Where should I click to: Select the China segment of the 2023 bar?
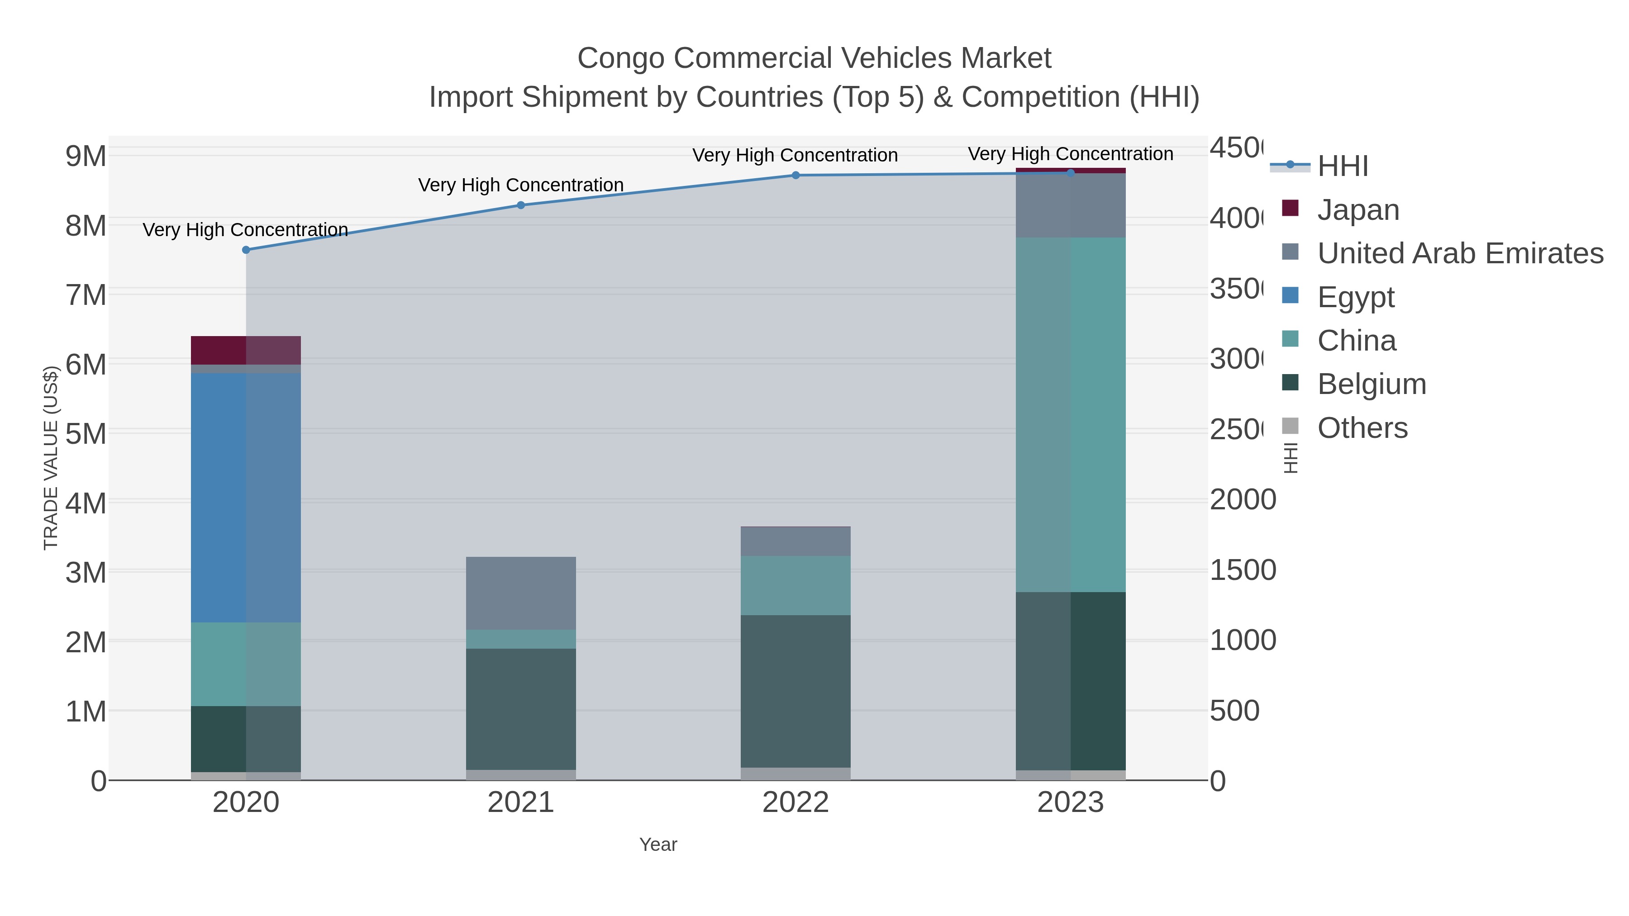pos(1070,415)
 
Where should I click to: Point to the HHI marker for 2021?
pos(520,205)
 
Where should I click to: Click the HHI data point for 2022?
pos(795,175)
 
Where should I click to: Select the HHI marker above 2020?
pos(246,250)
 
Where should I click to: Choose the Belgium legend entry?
pos(1371,384)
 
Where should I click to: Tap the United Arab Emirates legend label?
pos(1459,253)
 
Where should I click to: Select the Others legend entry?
pos(1362,428)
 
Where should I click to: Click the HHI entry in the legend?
pos(1342,166)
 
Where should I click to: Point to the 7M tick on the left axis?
pos(86,294)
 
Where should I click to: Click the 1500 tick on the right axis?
pos(1242,570)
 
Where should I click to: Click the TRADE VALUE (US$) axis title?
pos(51,458)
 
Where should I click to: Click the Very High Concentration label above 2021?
pos(520,185)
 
